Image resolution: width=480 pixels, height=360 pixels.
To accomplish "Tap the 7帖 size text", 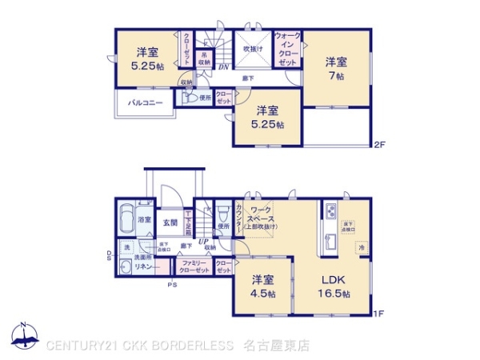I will coord(335,76).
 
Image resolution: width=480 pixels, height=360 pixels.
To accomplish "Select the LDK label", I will coord(334,281).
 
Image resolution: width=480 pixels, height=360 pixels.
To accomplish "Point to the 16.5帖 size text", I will coord(334,294).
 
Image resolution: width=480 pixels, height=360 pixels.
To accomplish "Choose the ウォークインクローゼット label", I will coord(288,49).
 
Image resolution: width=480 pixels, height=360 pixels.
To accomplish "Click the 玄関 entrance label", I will coord(170,222).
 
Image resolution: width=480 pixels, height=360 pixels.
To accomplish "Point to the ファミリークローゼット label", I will coord(195,267).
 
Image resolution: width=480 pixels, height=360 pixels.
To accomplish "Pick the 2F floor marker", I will coord(379,145).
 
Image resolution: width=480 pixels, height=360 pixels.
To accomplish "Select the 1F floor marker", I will coord(379,314).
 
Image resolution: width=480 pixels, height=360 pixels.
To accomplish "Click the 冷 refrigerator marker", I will coord(361,249).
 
